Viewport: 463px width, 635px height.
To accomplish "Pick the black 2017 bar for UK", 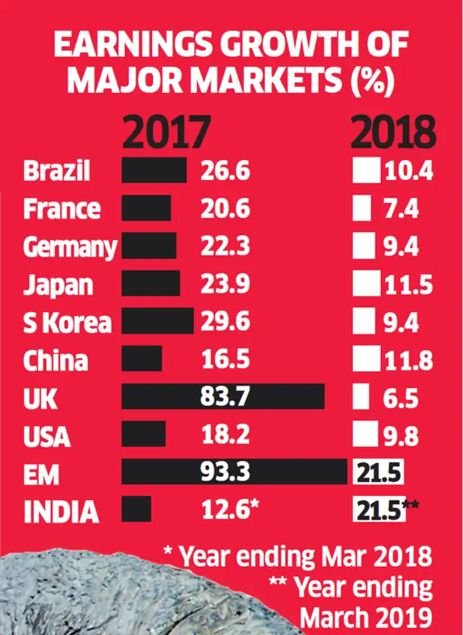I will pos(223,398).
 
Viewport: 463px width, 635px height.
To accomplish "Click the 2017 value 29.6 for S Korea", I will pos(226,322).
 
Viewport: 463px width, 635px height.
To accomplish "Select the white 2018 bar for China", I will pos(366,360).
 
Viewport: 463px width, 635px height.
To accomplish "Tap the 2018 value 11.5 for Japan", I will pos(407,285).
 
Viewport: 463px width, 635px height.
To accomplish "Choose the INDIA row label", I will pos(61,512).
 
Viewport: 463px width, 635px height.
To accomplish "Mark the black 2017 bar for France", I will pos(146,208).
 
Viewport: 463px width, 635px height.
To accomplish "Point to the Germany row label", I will pos(69,247).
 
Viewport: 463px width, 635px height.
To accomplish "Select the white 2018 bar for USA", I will pos(364,436).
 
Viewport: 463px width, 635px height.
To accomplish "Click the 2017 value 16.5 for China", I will pos(225,360).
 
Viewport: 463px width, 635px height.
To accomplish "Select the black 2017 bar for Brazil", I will pos(154,171).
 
